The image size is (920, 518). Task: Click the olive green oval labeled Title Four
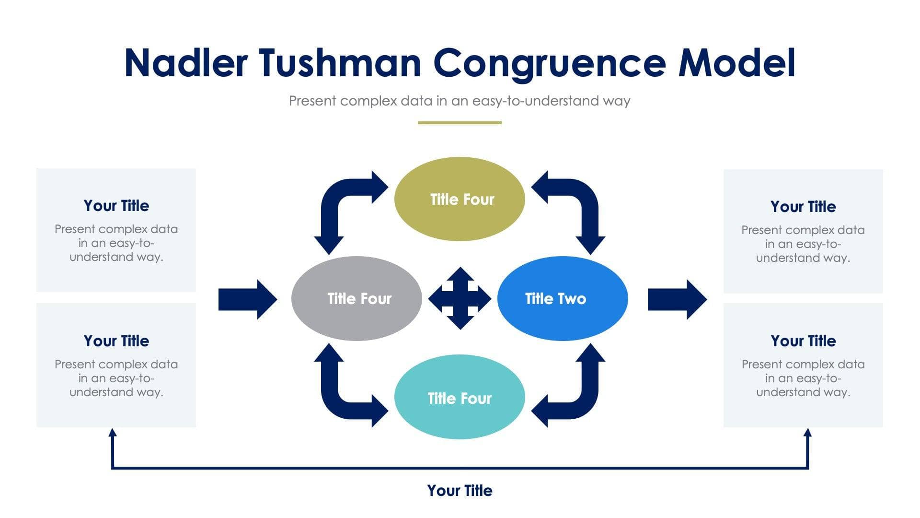[x=460, y=199]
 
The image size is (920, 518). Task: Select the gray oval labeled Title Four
[x=356, y=298]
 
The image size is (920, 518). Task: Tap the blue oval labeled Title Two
[x=563, y=298]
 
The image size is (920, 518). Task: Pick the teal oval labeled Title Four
[x=460, y=397]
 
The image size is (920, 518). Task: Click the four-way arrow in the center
[x=460, y=298]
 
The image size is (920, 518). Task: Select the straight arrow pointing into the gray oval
[x=247, y=299]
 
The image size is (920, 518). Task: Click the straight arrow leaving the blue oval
[x=676, y=299]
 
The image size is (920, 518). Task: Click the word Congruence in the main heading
[x=549, y=63]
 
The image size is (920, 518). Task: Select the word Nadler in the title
[x=186, y=63]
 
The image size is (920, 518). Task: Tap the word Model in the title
[x=737, y=63]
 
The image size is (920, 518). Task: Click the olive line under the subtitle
[x=460, y=123]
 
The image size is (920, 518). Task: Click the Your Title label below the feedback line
[x=460, y=491]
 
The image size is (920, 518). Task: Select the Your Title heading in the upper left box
[x=116, y=206]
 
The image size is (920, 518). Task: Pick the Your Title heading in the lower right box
[x=803, y=341]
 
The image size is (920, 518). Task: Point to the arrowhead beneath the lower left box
[x=113, y=433]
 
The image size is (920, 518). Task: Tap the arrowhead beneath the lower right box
[x=807, y=433]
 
